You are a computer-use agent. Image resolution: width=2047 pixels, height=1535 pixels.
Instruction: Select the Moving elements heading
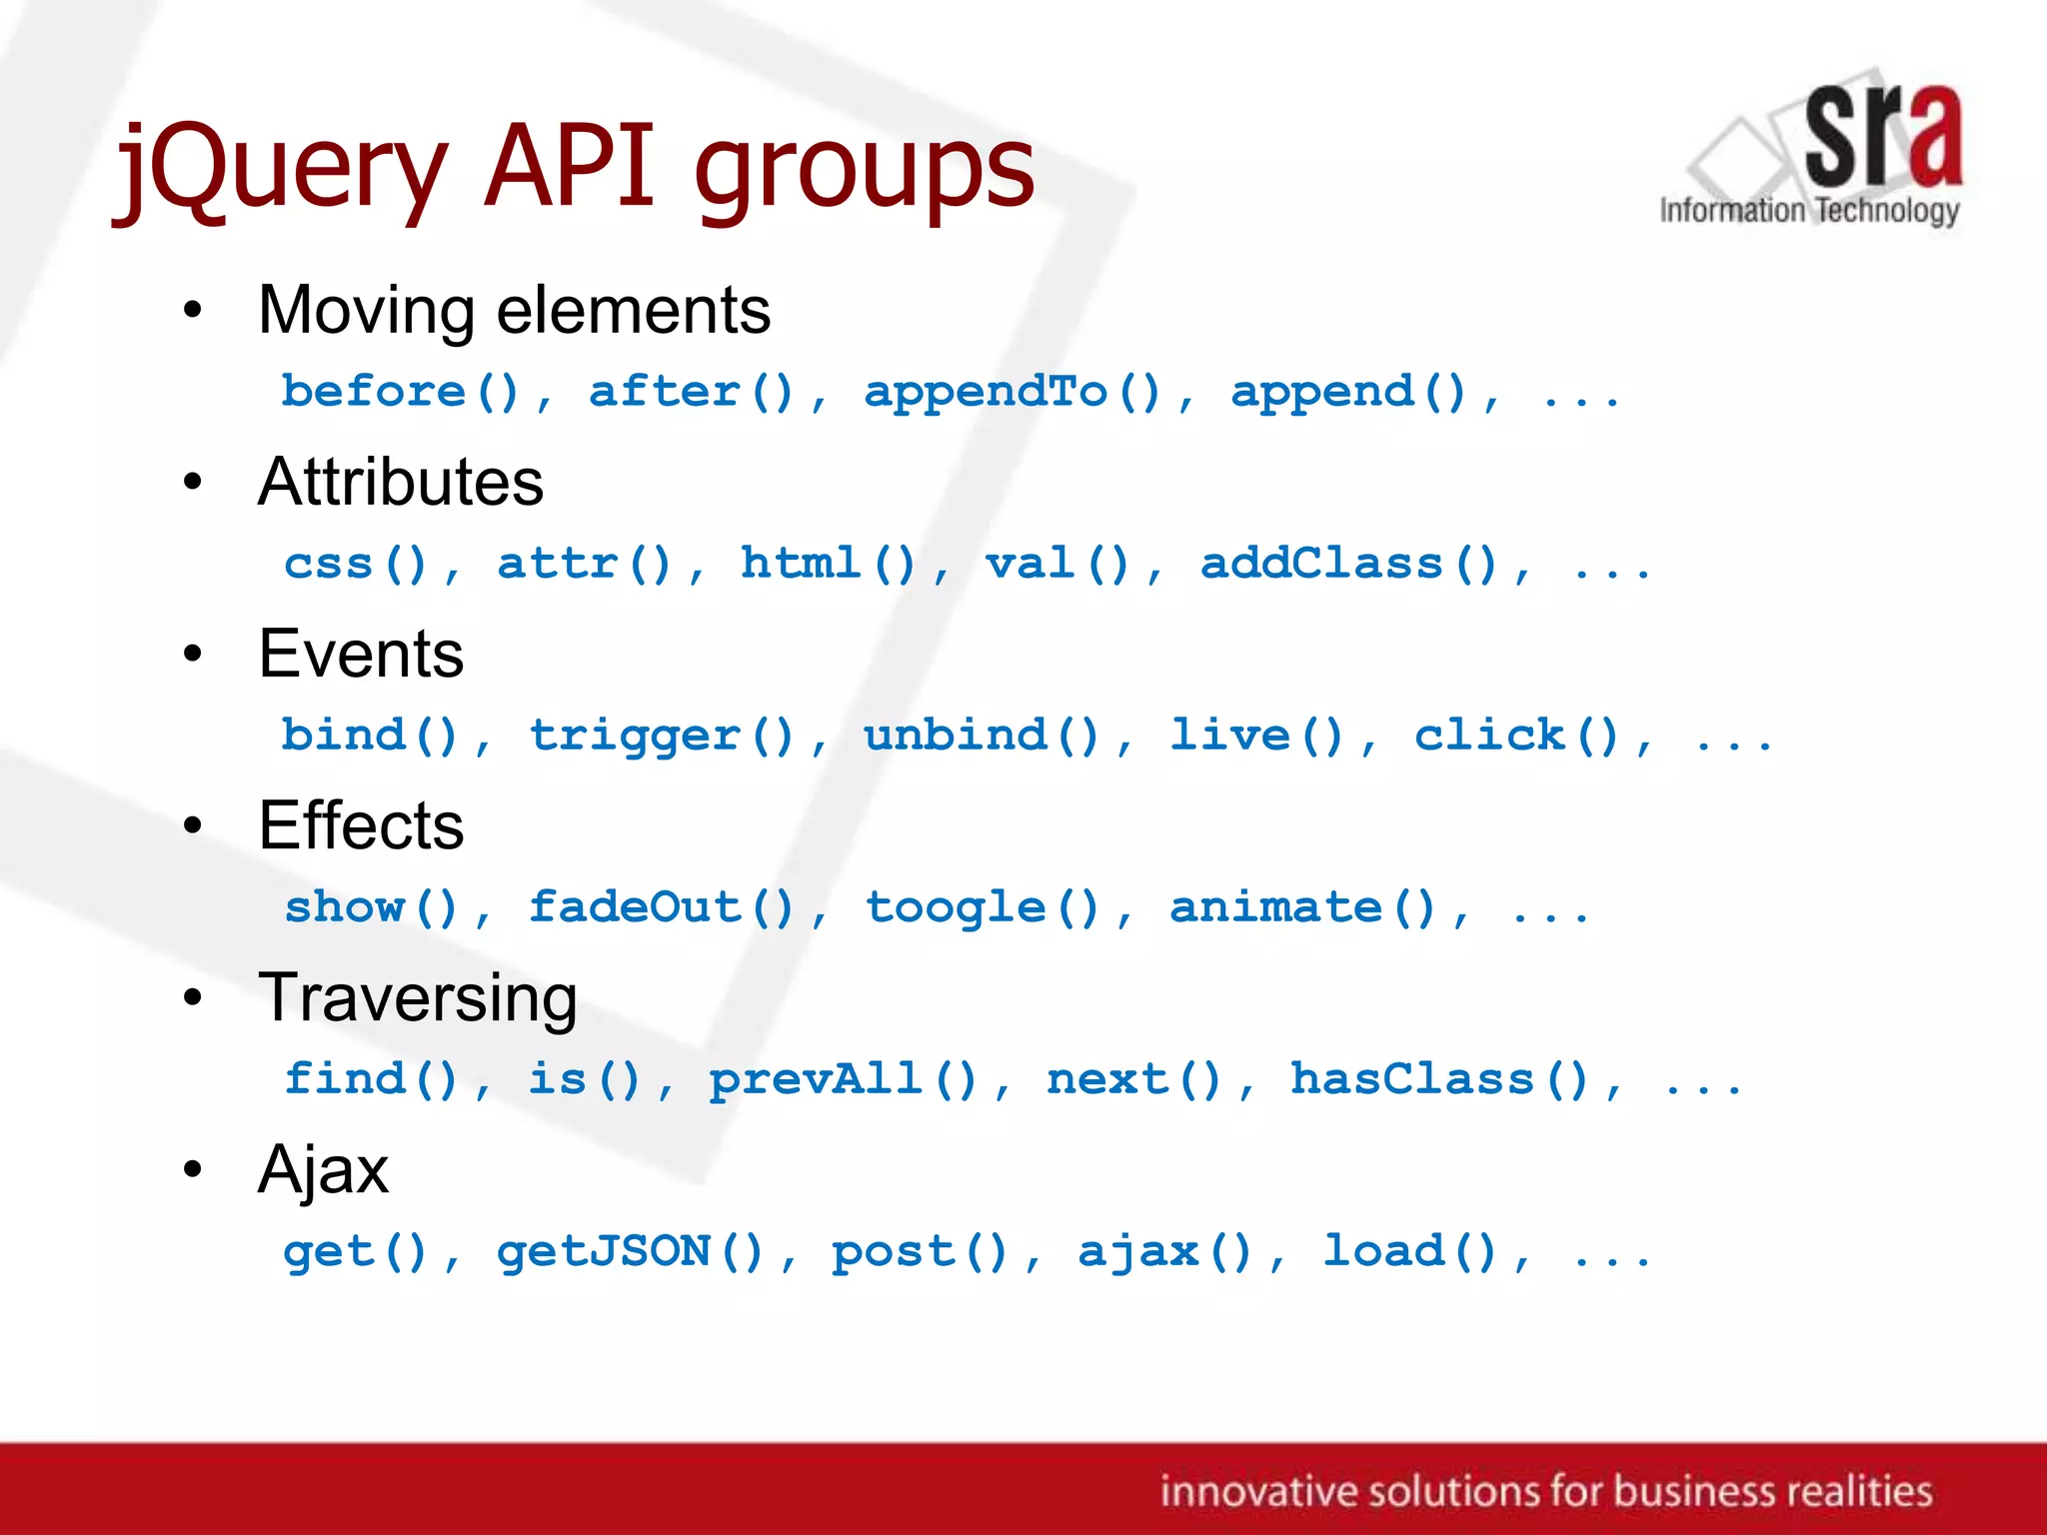[x=514, y=310]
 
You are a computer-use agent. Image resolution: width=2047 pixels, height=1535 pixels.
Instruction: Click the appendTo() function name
[x=1013, y=392]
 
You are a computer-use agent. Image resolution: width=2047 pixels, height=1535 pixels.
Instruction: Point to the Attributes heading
[x=400, y=482]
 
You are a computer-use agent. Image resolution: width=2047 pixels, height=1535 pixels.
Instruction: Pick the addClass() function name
[x=1348, y=564]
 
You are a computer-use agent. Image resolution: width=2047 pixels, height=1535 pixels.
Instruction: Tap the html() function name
[x=828, y=564]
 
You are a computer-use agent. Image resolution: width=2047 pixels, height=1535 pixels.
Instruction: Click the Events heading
[x=361, y=654]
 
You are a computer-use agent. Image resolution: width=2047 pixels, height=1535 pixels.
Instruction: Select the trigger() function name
[x=662, y=736]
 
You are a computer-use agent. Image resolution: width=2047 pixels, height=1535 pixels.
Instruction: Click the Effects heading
[x=361, y=825]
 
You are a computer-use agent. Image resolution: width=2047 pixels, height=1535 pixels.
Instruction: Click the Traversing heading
[x=417, y=997]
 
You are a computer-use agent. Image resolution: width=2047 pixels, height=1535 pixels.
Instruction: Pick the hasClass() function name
[x=1439, y=1079]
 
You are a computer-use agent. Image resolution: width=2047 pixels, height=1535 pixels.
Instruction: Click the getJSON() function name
[x=631, y=1251]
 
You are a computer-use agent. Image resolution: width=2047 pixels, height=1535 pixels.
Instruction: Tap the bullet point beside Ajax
[x=193, y=1169]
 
